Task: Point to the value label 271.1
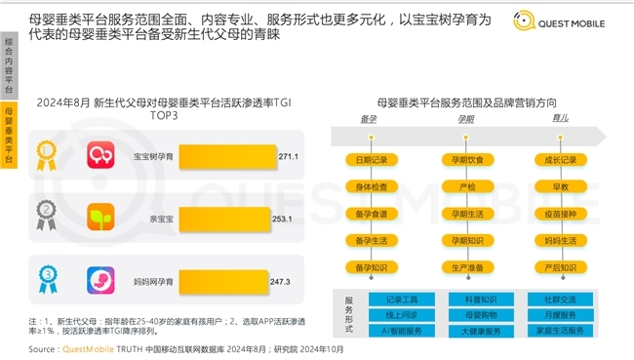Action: (288, 155)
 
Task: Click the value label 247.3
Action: (280, 282)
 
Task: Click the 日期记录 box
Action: (372, 159)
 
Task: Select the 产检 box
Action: (466, 185)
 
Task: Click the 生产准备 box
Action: (466, 266)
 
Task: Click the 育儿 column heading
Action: (560, 118)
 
